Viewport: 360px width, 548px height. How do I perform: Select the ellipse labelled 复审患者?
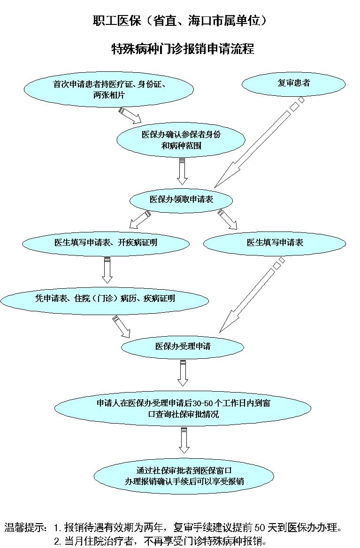click(x=293, y=84)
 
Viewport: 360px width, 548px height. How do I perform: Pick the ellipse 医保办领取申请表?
click(x=181, y=200)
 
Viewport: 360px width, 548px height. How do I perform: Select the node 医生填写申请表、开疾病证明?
click(x=106, y=243)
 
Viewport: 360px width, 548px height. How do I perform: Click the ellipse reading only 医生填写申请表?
click(x=275, y=243)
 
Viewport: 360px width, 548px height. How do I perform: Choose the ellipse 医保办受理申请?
click(x=183, y=347)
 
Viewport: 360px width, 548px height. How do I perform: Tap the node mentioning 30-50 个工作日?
click(x=184, y=409)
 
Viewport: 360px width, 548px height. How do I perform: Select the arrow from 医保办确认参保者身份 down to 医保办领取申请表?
click(x=182, y=171)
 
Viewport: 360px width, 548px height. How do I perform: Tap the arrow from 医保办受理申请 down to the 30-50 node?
click(x=183, y=372)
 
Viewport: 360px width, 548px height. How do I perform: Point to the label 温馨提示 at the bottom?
click(x=25, y=527)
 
